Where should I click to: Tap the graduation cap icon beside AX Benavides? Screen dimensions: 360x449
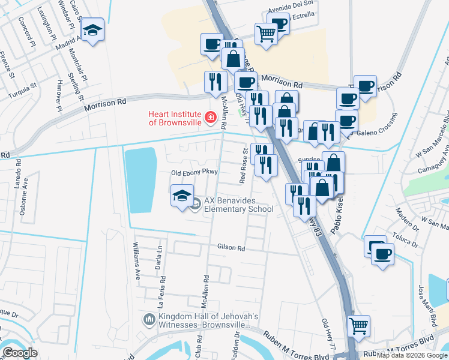[182, 196]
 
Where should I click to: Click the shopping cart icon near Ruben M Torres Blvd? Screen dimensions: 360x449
[359, 326]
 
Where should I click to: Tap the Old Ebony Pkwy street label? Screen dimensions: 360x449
[194, 172]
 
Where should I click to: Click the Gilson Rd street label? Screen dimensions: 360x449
[232, 248]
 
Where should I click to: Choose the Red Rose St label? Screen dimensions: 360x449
[244, 166]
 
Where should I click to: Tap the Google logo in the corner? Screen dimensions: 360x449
[20, 353]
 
